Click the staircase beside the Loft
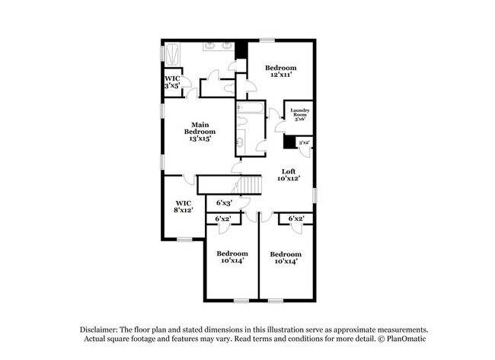point(252,185)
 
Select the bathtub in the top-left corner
point(174,56)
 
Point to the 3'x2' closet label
point(304,142)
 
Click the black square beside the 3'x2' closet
point(289,142)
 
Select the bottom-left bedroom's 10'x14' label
point(232,257)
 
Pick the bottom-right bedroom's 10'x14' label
point(286,257)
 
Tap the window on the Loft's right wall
point(315,195)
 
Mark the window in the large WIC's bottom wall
point(184,239)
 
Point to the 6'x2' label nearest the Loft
point(296,219)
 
